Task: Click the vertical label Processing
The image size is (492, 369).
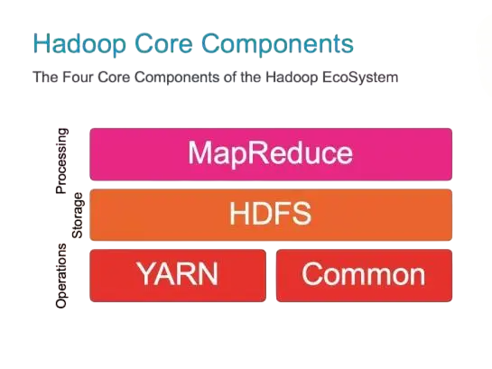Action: [x=62, y=161]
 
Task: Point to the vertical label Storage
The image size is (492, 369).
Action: [x=78, y=215]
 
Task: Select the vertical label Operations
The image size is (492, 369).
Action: [x=62, y=275]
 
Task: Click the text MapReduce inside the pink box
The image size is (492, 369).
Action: [x=270, y=153]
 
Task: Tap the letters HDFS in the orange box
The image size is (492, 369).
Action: [x=270, y=215]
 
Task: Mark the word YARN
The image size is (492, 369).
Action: [x=179, y=273]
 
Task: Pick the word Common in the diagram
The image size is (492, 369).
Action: [x=363, y=273]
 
